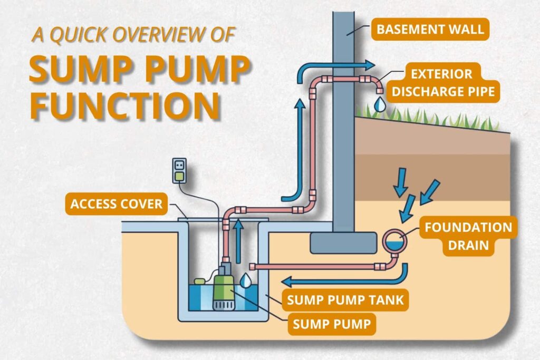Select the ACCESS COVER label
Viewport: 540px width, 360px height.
[x=117, y=203]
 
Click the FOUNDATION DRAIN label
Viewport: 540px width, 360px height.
[x=468, y=237]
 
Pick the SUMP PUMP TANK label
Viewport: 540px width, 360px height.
[x=345, y=300]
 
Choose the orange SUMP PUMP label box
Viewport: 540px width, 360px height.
[x=332, y=323]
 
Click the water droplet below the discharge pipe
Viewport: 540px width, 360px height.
[x=379, y=105]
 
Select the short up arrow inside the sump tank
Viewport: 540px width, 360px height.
[x=239, y=240]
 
